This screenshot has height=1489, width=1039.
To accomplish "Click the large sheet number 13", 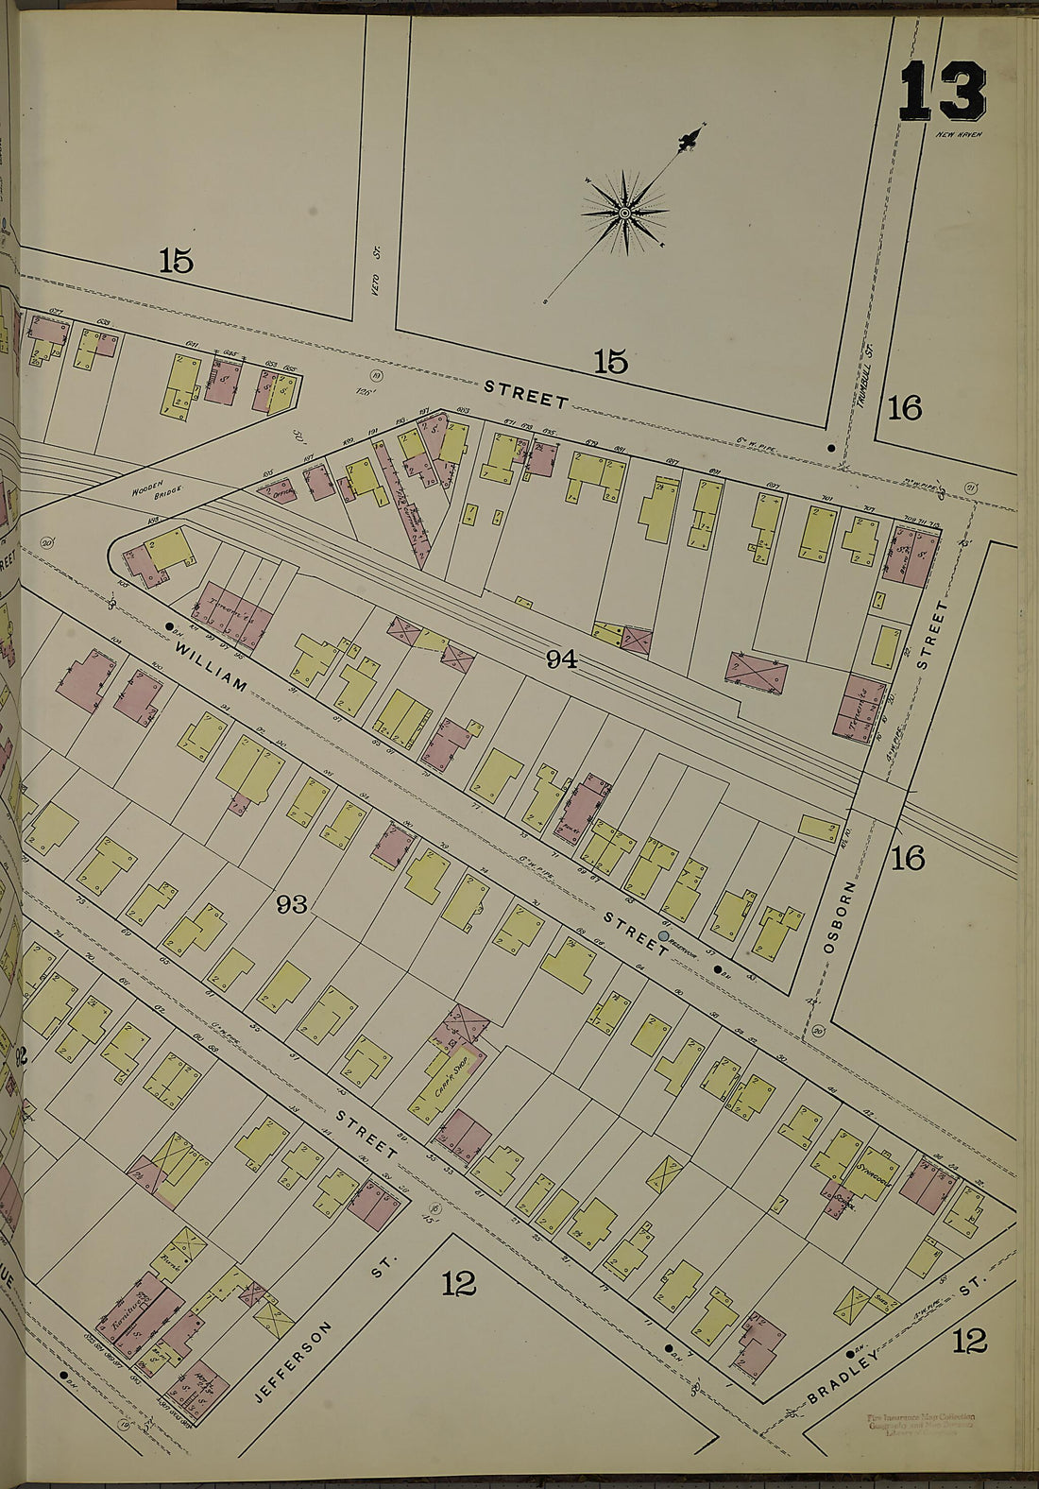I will pos(942,93).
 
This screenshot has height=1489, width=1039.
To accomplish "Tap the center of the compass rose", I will pos(624,214).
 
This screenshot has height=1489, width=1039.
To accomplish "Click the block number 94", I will pos(561,660).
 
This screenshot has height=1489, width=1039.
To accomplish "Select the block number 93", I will pos(292,905).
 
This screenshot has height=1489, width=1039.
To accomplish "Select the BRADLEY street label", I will pos(859,1369).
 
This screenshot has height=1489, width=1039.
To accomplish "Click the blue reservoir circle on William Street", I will pos(664,936).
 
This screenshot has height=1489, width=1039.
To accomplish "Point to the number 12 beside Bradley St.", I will pos(970,1340).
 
